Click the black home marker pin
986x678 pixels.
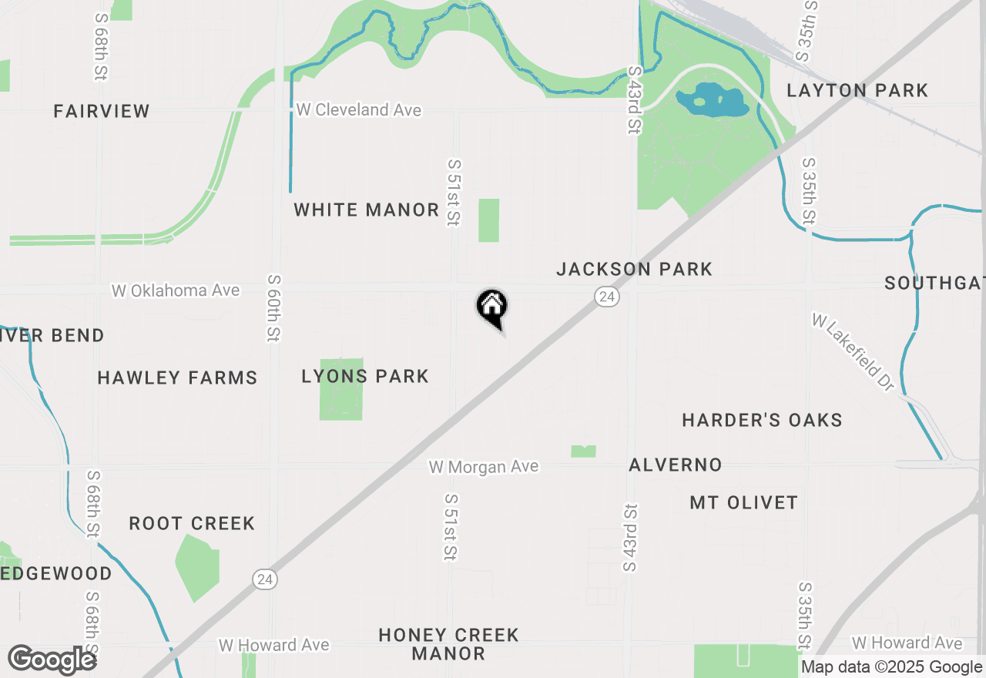tap(491, 308)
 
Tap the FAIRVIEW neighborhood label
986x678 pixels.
tap(102, 111)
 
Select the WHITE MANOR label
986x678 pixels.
tap(366, 210)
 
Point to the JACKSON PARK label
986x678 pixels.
tap(634, 269)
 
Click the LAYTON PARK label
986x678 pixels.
tap(857, 90)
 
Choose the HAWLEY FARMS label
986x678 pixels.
tap(177, 378)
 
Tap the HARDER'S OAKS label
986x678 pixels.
tap(762, 420)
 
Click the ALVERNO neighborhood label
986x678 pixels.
tap(676, 465)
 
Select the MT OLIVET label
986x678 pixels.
tap(743, 502)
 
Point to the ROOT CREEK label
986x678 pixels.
tap(192, 523)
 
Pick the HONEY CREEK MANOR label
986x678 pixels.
tap(448, 644)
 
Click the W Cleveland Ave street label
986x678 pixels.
tap(359, 110)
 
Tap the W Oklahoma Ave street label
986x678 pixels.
tap(176, 290)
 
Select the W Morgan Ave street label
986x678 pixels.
tap(484, 467)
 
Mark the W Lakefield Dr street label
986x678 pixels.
tap(853, 351)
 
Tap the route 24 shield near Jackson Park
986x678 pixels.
tap(607, 297)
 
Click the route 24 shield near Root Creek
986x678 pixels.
tap(265, 579)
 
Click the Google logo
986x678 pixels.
tap(52, 660)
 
